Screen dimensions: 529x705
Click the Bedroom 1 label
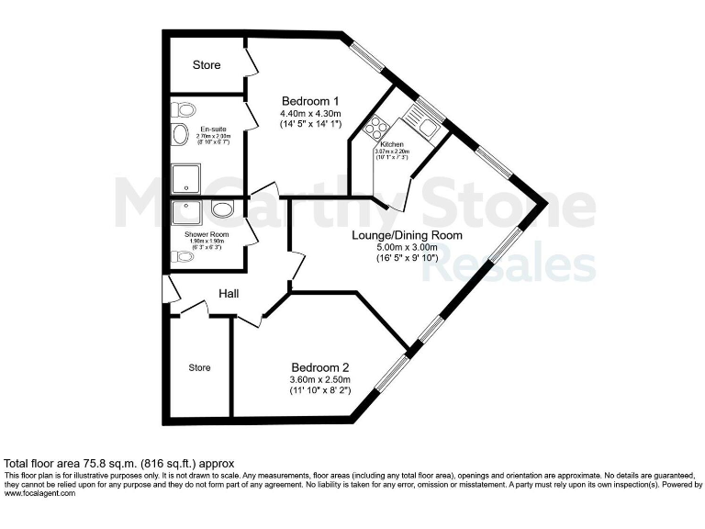pyautogui.click(x=310, y=100)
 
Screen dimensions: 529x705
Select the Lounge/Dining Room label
pyautogui.click(x=406, y=235)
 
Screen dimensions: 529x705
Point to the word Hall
pyautogui.click(x=229, y=293)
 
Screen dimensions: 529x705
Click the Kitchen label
pyautogui.click(x=392, y=143)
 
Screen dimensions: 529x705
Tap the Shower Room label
pyautogui.click(x=206, y=235)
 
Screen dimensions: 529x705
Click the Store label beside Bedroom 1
pyautogui.click(x=207, y=65)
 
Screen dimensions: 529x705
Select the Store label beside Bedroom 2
pyautogui.click(x=199, y=367)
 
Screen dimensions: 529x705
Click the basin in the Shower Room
pyautogui.click(x=222, y=209)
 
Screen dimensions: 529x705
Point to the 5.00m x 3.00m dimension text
pyautogui.click(x=406, y=247)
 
